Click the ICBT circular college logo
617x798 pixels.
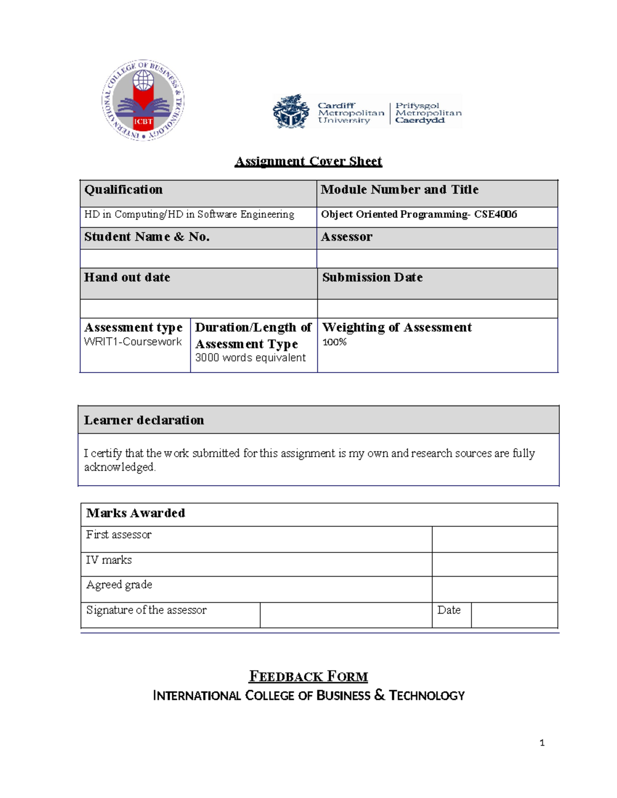point(143,100)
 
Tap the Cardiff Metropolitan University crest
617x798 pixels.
point(291,112)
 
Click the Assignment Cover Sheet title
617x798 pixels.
point(308,161)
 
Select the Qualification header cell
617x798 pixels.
point(123,190)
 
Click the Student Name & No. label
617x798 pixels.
point(147,237)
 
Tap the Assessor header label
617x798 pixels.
point(347,237)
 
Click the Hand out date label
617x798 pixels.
point(127,277)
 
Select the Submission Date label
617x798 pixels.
point(372,277)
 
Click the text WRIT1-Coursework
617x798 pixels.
point(133,342)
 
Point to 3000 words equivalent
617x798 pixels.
point(250,358)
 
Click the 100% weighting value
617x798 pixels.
point(334,342)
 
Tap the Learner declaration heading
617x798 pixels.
point(144,420)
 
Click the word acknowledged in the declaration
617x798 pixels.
point(119,467)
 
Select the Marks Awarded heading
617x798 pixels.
point(136,513)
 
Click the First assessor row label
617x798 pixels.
point(119,535)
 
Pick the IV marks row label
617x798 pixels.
point(109,560)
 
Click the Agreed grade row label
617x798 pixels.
point(119,585)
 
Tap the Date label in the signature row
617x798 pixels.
point(449,610)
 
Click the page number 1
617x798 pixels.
point(542,743)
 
